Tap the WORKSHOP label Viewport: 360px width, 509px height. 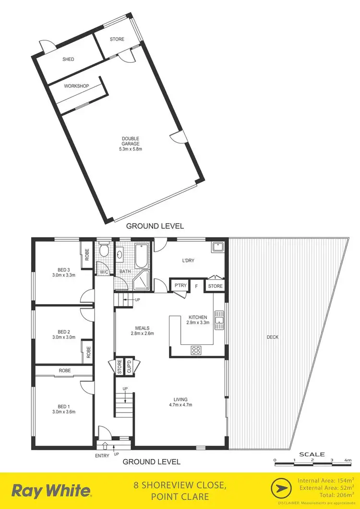[77, 86]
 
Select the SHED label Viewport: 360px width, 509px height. [68, 59]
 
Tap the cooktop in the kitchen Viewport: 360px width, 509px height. [196, 349]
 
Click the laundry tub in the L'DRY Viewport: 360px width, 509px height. [217, 247]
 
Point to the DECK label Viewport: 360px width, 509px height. [273, 337]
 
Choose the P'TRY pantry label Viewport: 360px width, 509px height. [180, 286]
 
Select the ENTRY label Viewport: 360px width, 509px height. [102, 456]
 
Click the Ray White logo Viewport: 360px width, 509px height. [51, 491]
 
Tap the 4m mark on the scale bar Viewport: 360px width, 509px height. [348, 460]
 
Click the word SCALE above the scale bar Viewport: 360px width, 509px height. [312, 454]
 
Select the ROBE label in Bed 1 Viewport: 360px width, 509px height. [65, 371]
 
